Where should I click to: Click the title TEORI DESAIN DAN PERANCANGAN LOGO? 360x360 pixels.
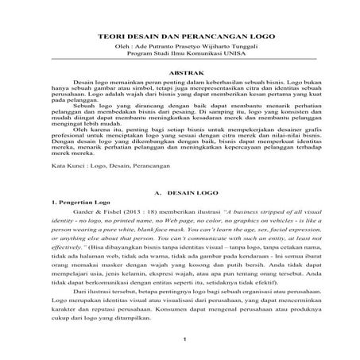point(180,36)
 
